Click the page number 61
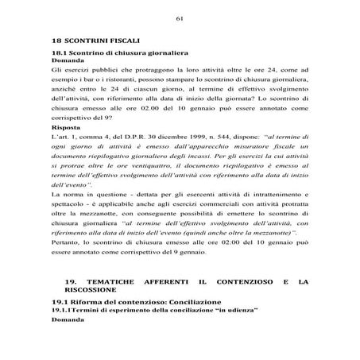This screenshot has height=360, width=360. point(180,17)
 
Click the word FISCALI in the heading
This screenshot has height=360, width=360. point(121,40)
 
